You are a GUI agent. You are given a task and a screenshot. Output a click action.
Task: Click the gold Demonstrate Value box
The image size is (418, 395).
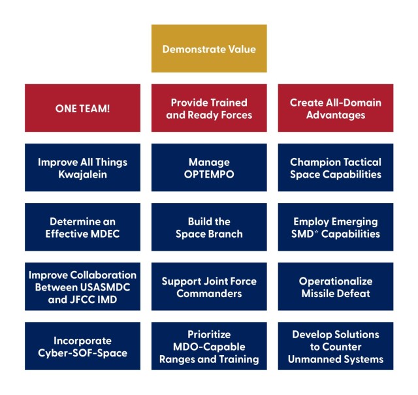209,48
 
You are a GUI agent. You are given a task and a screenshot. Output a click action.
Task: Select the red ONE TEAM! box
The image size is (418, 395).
83,108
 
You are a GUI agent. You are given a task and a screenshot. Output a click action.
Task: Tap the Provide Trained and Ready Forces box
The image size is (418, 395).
209,108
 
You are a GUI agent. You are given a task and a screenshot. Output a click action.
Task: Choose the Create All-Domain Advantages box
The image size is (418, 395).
336,108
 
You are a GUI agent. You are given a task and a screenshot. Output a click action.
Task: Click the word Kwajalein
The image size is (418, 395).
83,174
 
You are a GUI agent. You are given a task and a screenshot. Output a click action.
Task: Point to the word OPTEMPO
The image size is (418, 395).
209,174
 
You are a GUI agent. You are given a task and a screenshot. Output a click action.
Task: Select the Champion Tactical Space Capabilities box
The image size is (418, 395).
336,167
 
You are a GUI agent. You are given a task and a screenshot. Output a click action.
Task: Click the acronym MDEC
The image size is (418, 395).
105,234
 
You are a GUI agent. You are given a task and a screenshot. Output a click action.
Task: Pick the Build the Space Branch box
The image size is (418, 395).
209,227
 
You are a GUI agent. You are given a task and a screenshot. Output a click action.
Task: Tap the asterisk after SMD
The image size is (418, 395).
316,232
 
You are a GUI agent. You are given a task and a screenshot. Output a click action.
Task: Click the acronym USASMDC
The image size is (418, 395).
105,287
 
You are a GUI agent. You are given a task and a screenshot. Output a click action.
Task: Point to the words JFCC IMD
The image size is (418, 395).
93,300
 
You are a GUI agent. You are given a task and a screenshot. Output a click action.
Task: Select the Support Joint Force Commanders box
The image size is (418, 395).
209,286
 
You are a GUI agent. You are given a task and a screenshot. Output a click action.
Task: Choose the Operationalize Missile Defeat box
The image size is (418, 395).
336,286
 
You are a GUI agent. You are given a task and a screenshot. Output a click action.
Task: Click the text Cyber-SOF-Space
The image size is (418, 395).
83,353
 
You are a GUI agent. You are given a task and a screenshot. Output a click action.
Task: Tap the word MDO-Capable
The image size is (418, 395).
209,347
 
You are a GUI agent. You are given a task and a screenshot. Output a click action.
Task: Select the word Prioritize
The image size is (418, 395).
209,334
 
